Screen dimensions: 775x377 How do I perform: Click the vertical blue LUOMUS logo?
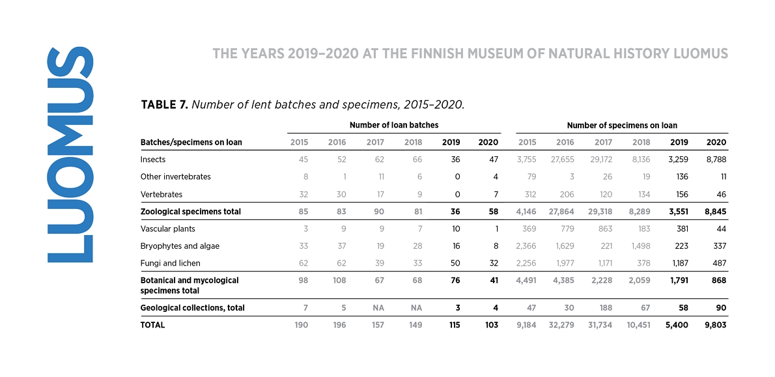pos(70,154)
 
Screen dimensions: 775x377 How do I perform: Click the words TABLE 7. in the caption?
pos(164,105)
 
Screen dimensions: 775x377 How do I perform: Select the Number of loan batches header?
pos(394,125)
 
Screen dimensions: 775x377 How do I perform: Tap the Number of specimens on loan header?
pos(622,126)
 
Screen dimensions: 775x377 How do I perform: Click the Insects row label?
pos(153,160)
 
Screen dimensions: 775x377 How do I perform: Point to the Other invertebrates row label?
pos(175,176)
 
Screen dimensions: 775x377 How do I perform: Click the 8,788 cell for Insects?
pos(716,160)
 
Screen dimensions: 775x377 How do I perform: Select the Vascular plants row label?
pos(167,229)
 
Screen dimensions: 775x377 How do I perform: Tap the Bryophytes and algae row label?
pos(180,246)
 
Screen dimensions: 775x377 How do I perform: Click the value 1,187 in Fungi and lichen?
pos(680,263)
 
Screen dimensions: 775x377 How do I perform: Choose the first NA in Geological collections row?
pos(379,308)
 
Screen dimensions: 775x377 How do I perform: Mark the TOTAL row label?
pos(153,325)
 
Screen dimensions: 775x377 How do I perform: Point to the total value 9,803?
pos(715,325)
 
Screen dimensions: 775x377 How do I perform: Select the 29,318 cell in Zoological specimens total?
pos(600,212)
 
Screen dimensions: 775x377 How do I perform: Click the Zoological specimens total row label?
pos(191,212)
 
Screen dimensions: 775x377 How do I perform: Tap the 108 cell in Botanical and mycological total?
pos(339,280)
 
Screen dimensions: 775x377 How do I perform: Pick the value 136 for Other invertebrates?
pos(682,176)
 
